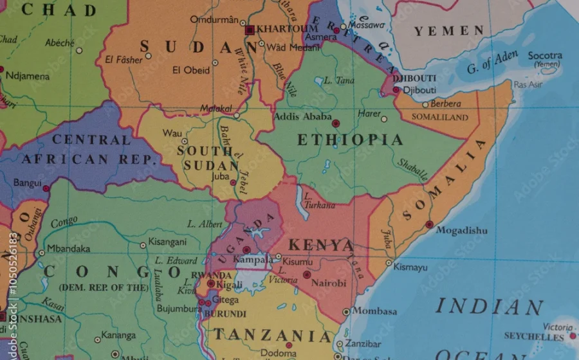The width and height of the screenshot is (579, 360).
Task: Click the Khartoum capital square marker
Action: pyautogui.click(x=250, y=30)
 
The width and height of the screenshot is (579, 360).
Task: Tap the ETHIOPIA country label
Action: pyautogui.click(x=350, y=140)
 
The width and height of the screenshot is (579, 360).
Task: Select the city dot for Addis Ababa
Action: pyautogui.click(x=336, y=122)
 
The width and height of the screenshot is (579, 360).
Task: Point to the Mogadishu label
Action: pyautogui.click(x=462, y=230)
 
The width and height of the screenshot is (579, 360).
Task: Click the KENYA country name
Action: pyautogui.click(x=321, y=246)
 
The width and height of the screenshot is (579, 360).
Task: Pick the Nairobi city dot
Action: pyautogui.click(x=307, y=274)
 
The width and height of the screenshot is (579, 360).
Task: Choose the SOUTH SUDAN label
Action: pyautogui.click(x=205, y=157)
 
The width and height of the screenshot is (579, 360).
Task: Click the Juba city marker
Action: pyautogui.click(x=234, y=183)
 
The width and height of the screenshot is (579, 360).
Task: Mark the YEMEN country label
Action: pyautogui.click(x=449, y=31)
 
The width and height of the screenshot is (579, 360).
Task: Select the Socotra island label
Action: pyautogui.click(x=544, y=56)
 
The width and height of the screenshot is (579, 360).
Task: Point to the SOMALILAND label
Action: pyautogui.click(x=440, y=117)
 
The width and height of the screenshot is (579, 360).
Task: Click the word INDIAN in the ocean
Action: pyautogui.click(x=489, y=307)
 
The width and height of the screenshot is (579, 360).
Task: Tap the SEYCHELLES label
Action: pyautogui.click(x=533, y=336)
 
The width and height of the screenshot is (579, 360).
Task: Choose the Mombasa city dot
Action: pyautogui.click(x=346, y=312)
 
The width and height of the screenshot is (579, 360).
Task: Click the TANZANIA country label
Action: pyautogui.click(x=272, y=335)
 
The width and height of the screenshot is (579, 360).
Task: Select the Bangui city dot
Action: pyautogui.click(x=46, y=188)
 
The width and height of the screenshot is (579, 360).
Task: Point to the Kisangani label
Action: pyautogui.click(x=167, y=242)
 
